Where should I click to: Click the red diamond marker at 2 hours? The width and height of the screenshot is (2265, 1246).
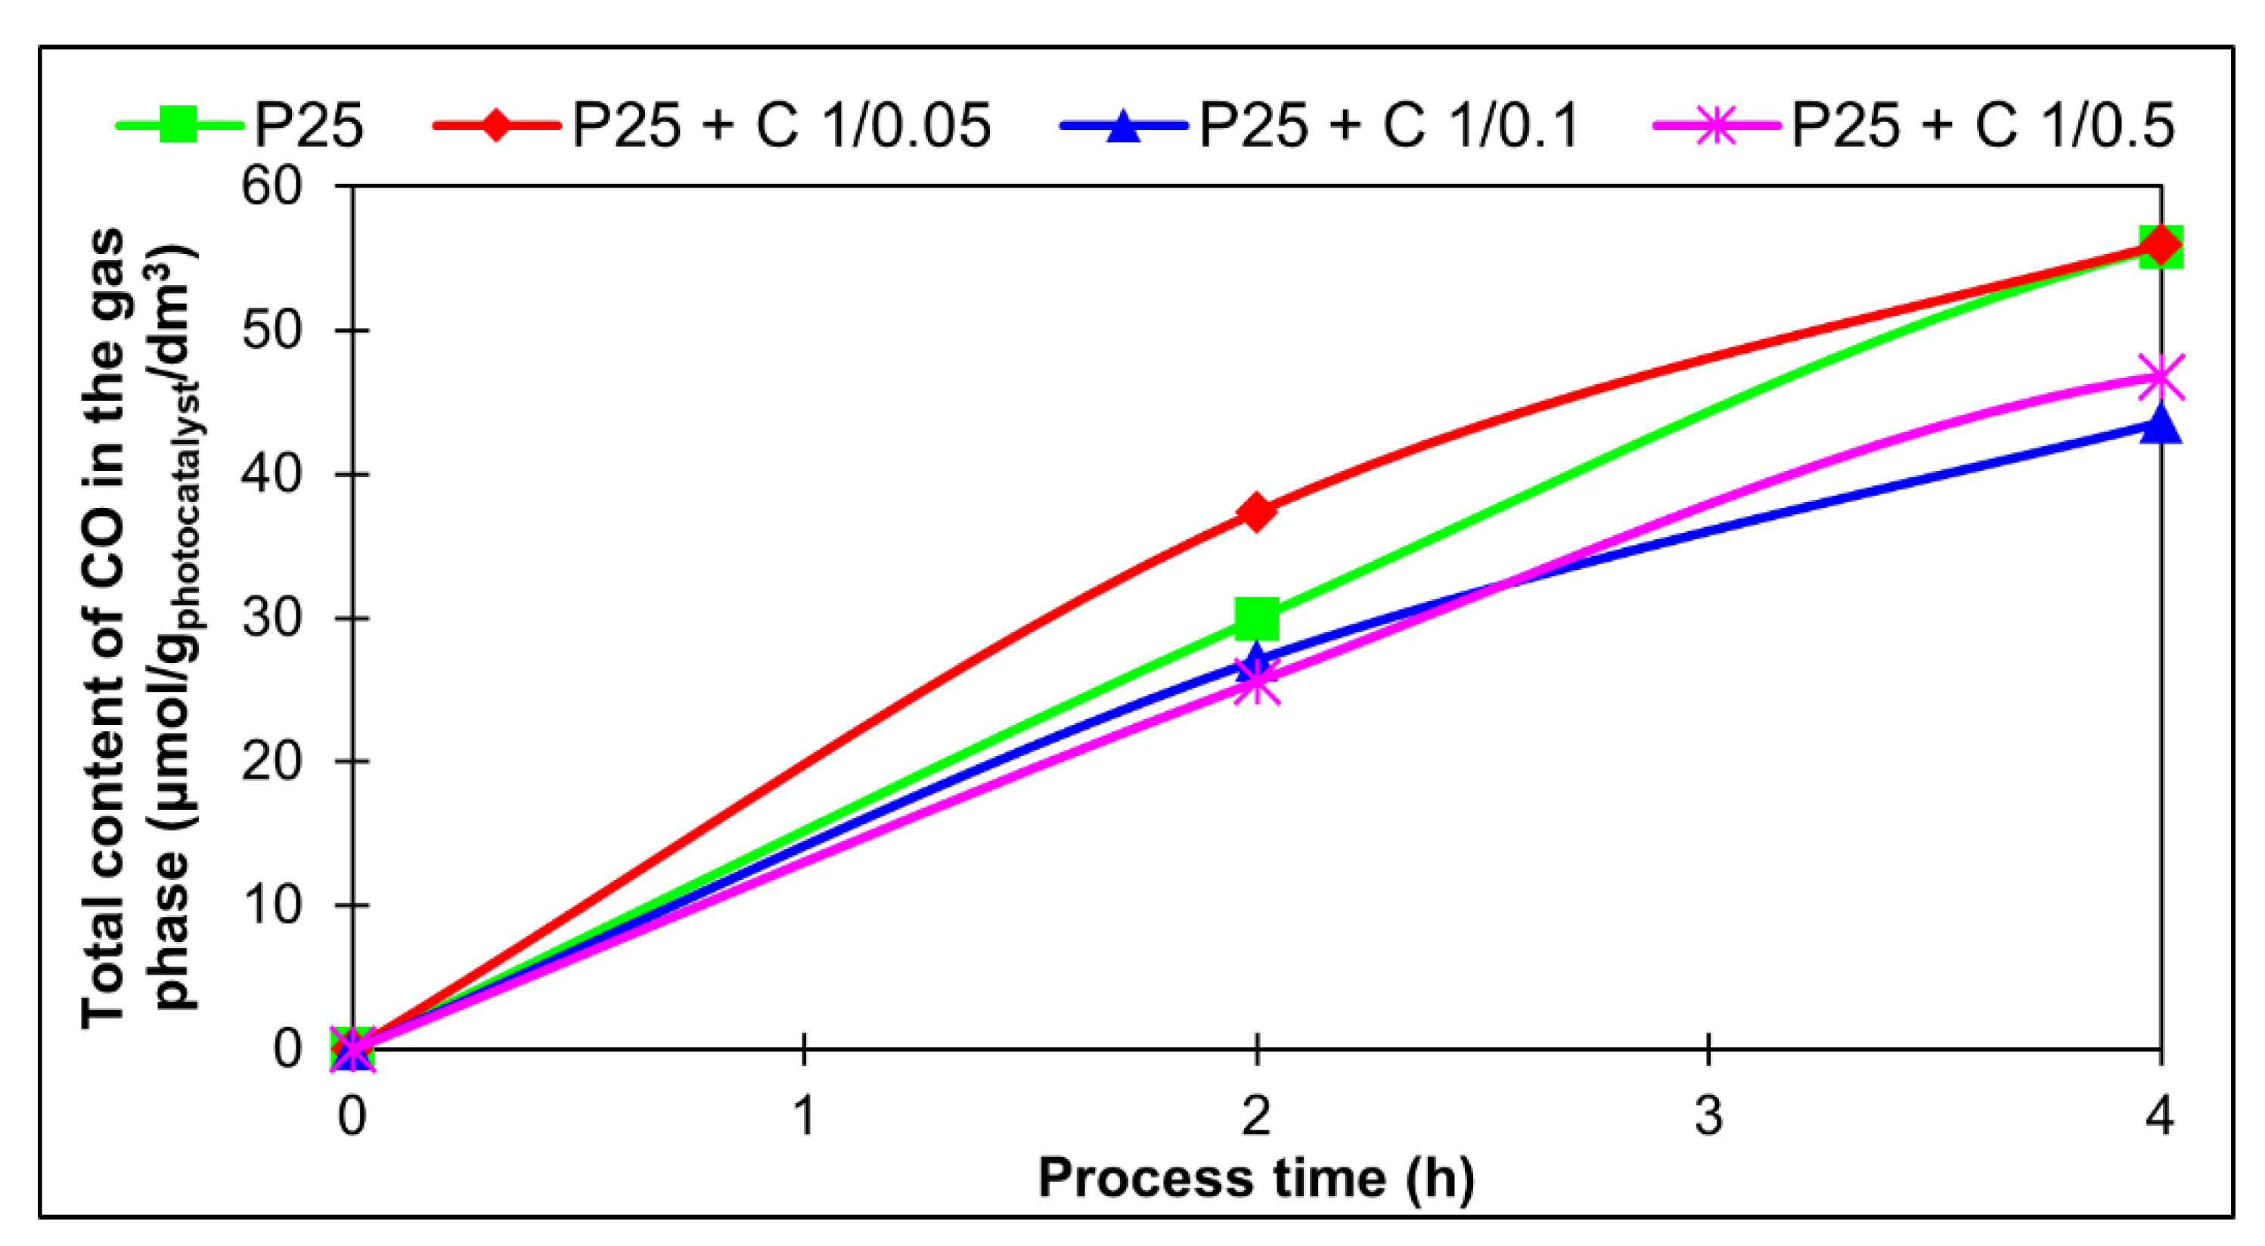point(1256,512)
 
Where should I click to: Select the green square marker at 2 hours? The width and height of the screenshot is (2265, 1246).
point(1256,618)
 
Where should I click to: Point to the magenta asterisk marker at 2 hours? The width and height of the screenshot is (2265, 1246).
point(1256,681)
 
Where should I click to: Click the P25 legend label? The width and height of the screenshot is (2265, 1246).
point(309,126)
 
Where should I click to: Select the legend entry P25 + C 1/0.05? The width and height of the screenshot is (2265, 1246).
point(780,126)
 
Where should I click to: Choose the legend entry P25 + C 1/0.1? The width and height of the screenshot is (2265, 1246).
point(1389,126)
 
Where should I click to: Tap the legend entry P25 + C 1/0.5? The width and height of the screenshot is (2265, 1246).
point(1983,126)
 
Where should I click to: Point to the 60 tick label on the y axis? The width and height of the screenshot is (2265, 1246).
point(271,187)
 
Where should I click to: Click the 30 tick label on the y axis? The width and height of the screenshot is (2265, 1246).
point(271,617)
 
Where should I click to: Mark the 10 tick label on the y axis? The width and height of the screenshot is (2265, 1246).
point(271,905)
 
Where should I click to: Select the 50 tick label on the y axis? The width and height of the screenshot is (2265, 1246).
point(271,330)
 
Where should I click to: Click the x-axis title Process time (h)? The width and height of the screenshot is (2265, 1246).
point(1256,1178)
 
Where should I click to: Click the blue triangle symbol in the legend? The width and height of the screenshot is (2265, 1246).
point(1123,126)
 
